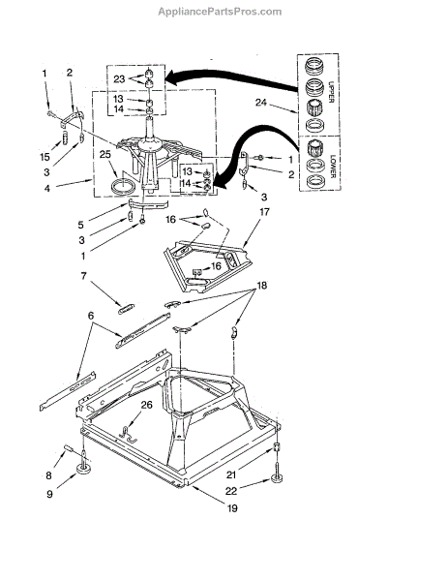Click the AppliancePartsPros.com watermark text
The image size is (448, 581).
pyautogui.click(x=220, y=12)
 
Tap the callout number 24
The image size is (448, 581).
pyautogui.click(x=261, y=103)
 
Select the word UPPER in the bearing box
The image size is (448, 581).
pyautogui.click(x=331, y=91)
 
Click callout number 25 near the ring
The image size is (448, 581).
pyautogui.click(x=105, y=154)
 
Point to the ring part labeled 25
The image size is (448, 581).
pyautogui.click(x=123, y=185)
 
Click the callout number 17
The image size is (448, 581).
pyautogui.click(x=264, y=212)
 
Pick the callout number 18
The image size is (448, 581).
pyautogui.click(x=261, y=286)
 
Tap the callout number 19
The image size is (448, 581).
pyautogui.click(x=232, y=508)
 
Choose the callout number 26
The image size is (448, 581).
pyautogui.click(x=146, y=405)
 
